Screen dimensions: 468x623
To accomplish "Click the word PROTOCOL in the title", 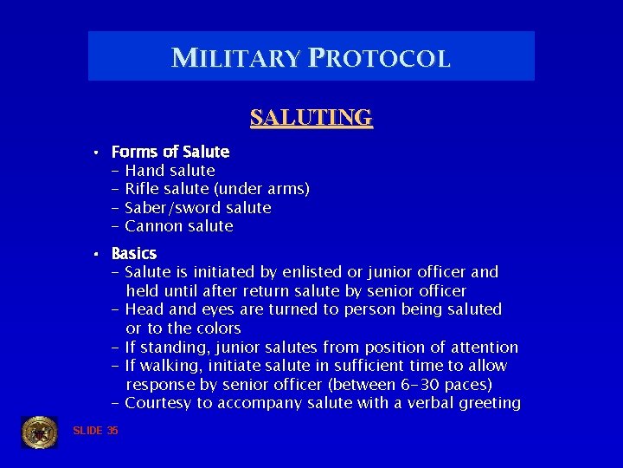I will point(376,58).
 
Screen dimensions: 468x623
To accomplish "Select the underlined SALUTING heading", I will point(311,117).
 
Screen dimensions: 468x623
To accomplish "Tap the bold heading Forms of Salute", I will point(170,152).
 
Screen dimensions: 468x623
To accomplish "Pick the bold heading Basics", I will point(134,253).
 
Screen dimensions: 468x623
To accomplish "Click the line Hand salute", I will point(170,171).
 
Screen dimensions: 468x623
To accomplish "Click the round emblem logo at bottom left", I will point(39,432).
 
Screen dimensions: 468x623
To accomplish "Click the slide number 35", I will point(112,431).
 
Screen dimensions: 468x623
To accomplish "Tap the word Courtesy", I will point(158,403).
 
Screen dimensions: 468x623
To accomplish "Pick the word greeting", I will point(490,403).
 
